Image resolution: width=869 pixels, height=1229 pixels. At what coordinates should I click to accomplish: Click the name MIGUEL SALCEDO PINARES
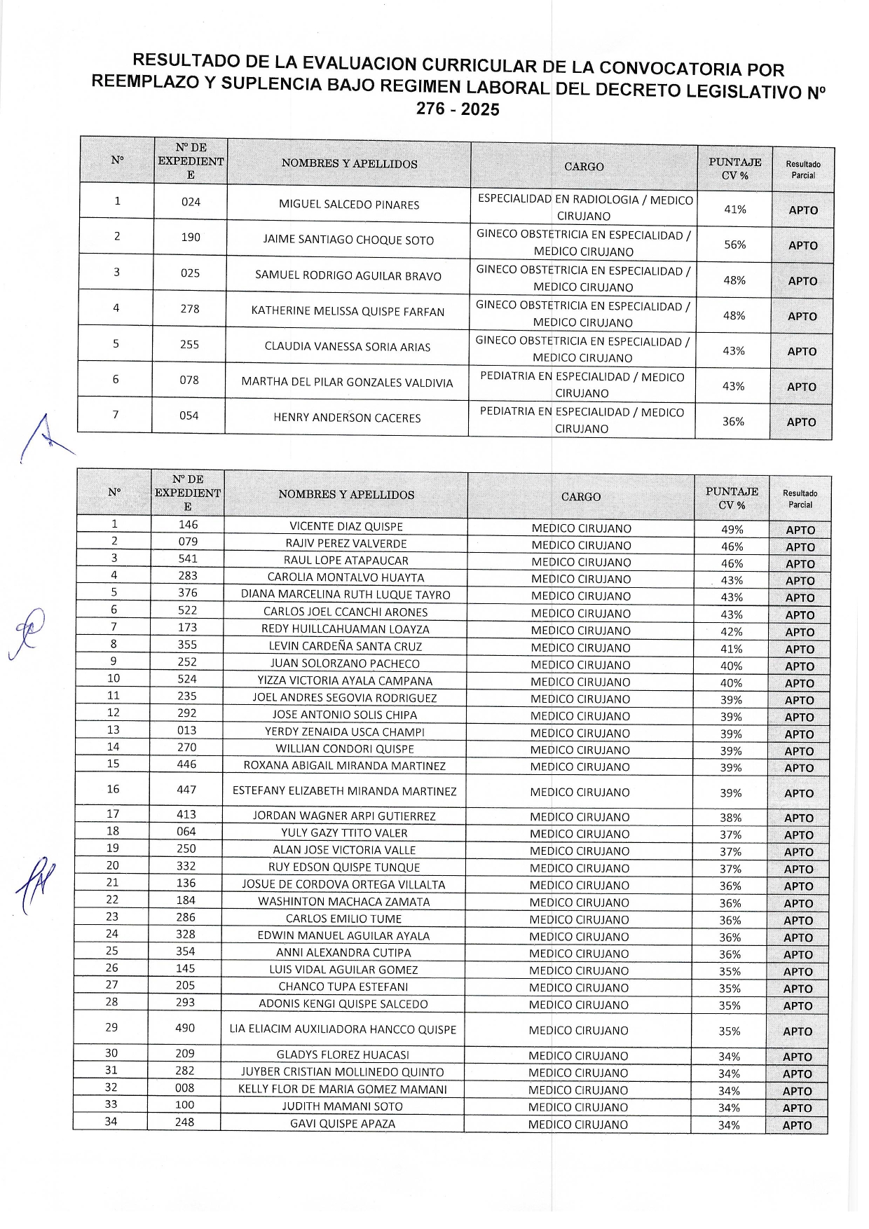(349, 205)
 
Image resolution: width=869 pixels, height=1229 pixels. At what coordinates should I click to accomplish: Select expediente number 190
(191, 238)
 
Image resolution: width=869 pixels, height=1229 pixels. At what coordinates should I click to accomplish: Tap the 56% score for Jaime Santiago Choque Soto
(734, 245)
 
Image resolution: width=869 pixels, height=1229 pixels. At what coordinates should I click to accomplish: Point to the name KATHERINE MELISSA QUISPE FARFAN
(348, 311)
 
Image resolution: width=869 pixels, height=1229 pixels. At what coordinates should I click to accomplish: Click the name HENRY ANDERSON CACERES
(347, 418)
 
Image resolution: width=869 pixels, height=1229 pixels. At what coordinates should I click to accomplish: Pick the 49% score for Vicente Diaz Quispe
(732, 530)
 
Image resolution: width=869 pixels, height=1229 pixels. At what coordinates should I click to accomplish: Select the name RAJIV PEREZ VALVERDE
(345, 544)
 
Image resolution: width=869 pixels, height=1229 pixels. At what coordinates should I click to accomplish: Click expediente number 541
(188, 559)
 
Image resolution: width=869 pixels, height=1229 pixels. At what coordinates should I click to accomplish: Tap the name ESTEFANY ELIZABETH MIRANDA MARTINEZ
(344, 791)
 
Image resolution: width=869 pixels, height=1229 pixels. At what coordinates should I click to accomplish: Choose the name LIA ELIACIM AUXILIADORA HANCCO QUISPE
(343, 1029)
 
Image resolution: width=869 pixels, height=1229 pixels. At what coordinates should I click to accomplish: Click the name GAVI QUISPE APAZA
(343, 1124)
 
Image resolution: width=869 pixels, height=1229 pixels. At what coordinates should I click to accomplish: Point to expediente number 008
(185, 1088)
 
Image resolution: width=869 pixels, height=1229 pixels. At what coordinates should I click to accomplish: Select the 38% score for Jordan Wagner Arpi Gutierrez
(730, 818)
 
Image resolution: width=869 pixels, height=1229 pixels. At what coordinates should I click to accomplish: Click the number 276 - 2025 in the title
(458, 109)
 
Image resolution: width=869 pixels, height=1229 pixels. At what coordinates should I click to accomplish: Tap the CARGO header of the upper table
(584, 167)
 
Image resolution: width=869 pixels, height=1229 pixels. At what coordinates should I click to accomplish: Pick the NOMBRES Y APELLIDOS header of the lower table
(346, 495)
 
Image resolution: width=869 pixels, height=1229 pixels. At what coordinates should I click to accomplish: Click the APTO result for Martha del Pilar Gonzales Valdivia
(802, 387)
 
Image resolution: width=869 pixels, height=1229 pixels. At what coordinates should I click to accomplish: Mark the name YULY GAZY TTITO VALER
(344, 833)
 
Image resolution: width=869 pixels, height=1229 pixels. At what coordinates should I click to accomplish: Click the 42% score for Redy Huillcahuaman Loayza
(732, 631)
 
